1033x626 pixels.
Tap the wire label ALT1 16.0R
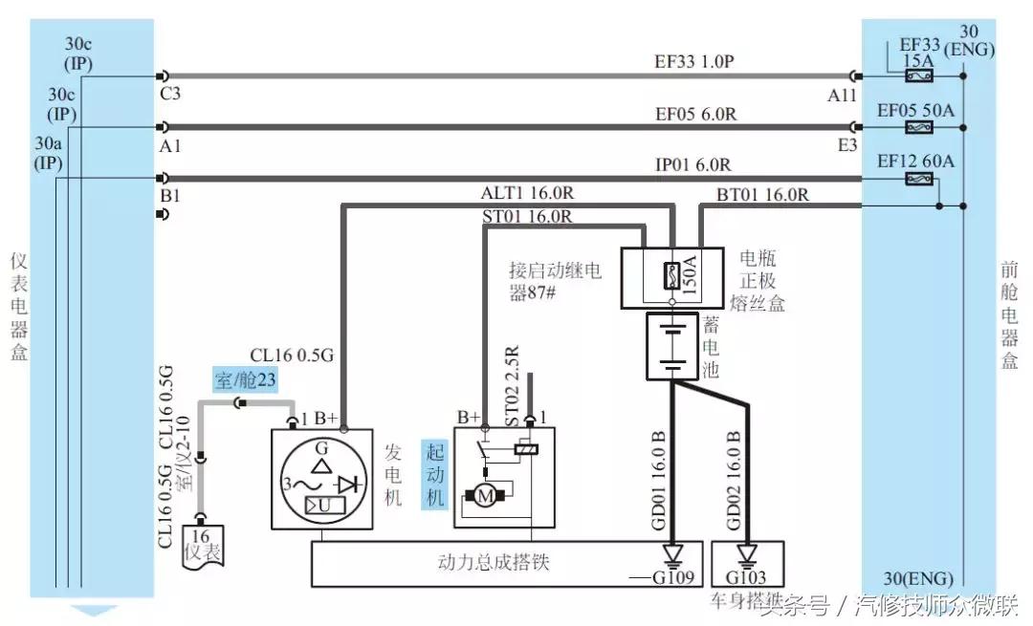click(528, 193)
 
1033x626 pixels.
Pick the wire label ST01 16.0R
click(528, 217)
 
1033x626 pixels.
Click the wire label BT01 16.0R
click(762, 195)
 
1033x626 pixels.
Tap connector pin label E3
click(847, 145)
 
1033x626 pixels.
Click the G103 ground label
click(747, 578)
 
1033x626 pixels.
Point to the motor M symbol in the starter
click(486, 495)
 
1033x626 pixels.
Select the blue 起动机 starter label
click(435, 474)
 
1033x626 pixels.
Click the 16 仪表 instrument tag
click(201, 548)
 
